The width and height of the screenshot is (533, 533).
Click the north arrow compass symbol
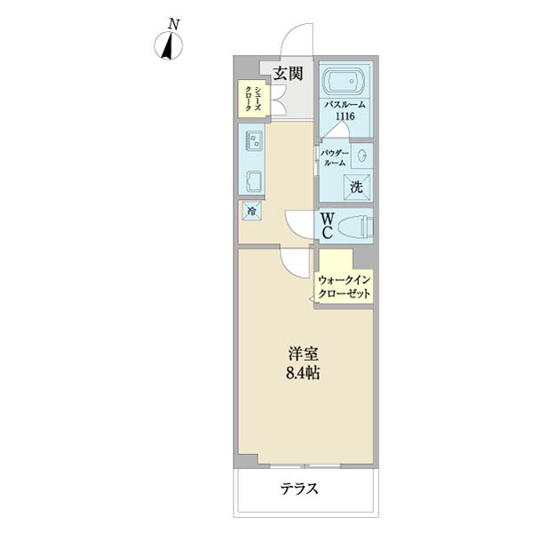click(x=167, y=47)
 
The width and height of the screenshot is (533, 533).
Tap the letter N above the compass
click(x=176, y=24)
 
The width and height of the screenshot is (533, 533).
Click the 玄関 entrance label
click(x=287, y=73)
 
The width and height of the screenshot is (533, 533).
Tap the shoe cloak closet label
click(x=253, y=97)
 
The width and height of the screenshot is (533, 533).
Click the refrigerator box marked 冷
click(x=252, y=211)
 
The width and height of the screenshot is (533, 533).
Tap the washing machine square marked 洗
click(x=355, y=187)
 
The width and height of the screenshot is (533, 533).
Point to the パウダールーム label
click(x=334, y=158)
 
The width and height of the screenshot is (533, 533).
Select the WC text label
click(x=327, y=226)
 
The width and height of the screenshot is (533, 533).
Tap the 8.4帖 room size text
click(x=303, y=373)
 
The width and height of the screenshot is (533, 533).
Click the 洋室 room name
click(x=303, y=352)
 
